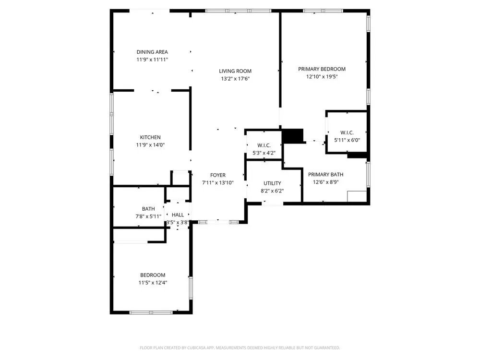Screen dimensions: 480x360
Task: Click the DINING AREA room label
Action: (152, 52)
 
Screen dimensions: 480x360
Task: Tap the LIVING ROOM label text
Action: (235, 71)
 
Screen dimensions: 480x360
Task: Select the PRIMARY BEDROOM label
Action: (322, 69)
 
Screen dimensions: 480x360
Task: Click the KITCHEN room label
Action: (150, 137)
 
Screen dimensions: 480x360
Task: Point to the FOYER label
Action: (218, 175)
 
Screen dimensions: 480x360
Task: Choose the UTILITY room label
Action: (272, 183)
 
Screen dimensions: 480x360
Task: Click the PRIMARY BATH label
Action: (326, 175)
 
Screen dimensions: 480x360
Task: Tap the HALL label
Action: (178, 215)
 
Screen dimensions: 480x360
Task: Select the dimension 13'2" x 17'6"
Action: (235, 79)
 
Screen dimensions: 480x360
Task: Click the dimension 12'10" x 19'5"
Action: (322, 76)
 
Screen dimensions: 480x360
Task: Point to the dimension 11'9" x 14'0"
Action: (150, 145)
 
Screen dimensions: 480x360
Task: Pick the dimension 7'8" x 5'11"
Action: (148, 216)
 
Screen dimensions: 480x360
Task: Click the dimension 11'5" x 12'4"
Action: (153, 283)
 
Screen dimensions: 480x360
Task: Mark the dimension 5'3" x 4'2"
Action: (264, 153)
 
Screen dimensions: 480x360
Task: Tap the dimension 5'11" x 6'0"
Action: (347, 140)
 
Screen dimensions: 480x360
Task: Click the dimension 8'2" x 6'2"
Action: (272, 191)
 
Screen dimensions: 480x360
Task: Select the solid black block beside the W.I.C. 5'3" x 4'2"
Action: (293, 136)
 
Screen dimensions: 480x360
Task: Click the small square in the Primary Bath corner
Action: (357, 196)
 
